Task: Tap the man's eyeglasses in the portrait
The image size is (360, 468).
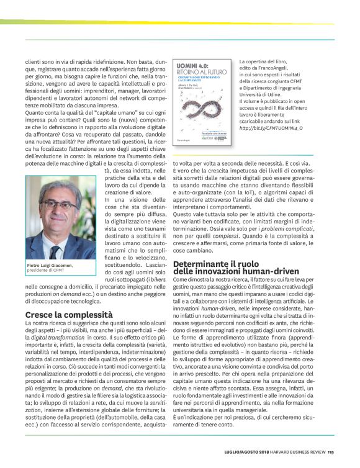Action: pyautogui.click(x=58, y=205)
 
